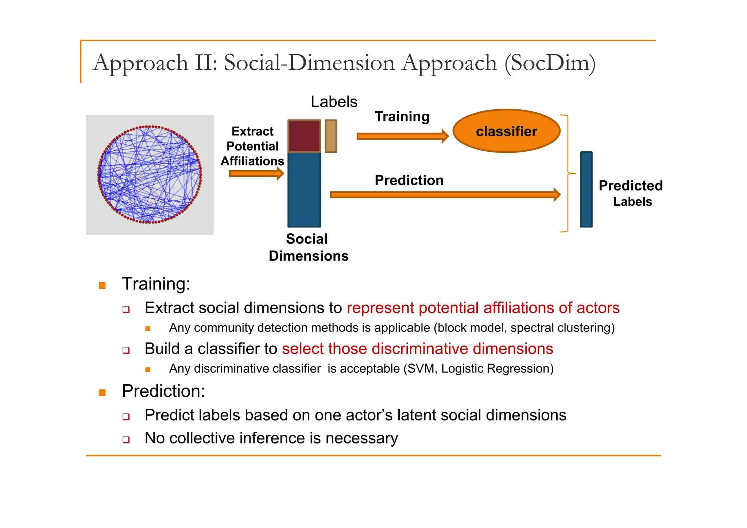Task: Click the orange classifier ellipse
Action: pos(506,131)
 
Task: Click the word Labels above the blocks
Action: pos(334,102)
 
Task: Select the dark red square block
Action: pos(304,136)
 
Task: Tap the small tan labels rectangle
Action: pos(331,136)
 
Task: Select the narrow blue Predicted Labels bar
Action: pos(586,190)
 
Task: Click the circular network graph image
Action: pos(150,175)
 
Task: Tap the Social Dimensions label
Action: pos(308,248)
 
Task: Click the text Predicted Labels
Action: pos(631,193)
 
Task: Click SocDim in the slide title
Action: pos(550,63)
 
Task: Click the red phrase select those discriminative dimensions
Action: pos(417,349)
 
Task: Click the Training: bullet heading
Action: pos(156,284)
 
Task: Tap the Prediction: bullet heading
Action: pos(163,391)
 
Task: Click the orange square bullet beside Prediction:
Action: pos(102,393)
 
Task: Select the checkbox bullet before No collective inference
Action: pos(126,439)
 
